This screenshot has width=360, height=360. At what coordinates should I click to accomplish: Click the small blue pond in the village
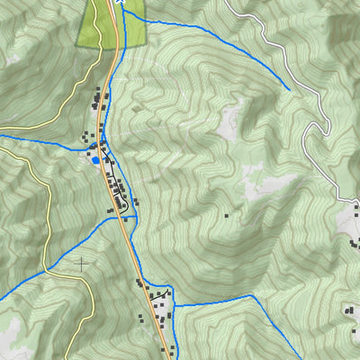(x=95, y=160)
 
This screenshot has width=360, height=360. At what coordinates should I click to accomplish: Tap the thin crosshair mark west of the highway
(x=82, y=264)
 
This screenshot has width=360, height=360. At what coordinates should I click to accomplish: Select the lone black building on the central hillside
(x=224, y=216)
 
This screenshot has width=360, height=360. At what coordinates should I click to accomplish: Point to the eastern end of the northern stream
(x=289, y=90)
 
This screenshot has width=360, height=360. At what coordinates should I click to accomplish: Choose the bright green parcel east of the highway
(x=133, y=27)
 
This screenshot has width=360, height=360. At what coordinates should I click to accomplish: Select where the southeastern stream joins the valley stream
(x=174, y=306)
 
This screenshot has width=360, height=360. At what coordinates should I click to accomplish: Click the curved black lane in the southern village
(x=160, y=295)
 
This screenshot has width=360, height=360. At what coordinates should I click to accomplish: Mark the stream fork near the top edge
(x=121, y=11)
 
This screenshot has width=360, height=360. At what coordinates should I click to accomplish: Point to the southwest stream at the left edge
(x=3, y=298)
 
